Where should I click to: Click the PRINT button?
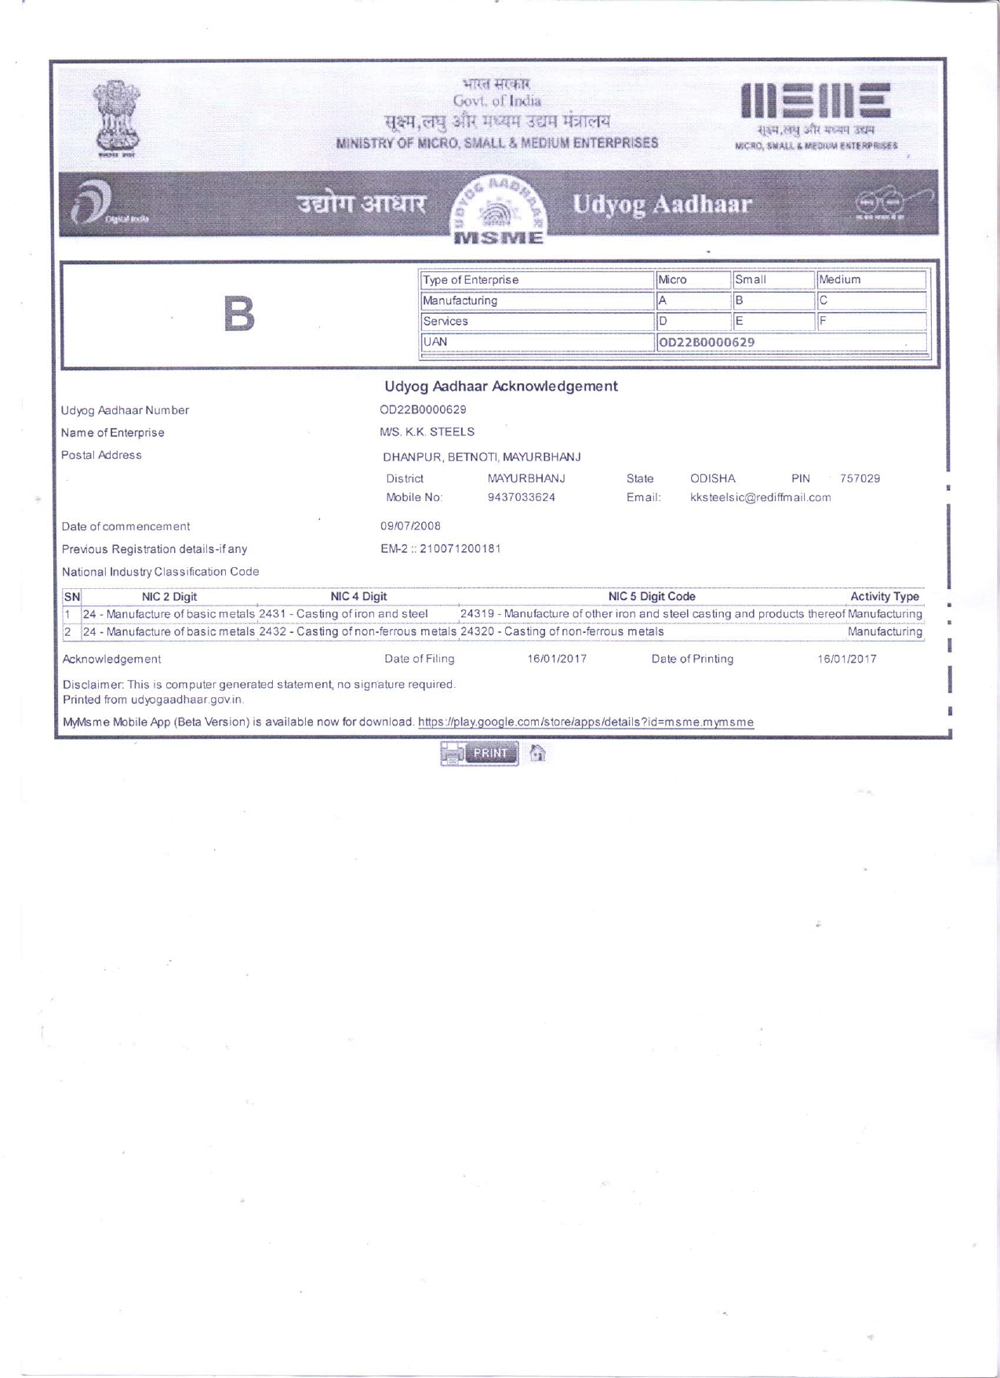pos(480,753)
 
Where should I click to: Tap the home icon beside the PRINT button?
pos(537,753)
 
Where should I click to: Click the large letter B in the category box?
pos(239,314)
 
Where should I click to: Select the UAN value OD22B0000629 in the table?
pos(707,342)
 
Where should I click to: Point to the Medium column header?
pos(839,280)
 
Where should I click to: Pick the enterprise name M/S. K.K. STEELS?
pos(427,432)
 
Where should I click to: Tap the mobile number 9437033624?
pos(521,497)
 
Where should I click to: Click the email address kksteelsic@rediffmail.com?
pos(760,497)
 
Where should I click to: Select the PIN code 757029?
pos(860,478)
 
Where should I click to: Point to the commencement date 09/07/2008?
pos(410,526)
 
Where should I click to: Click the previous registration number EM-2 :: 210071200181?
pos(440,549)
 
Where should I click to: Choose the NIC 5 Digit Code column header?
pos(651,597)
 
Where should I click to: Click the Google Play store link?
pos(585,722)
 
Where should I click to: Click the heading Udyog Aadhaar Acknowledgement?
pos(500,386)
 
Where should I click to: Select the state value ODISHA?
pos(712,478)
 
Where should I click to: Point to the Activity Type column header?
pos(884,597)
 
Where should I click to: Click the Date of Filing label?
pos(419,659)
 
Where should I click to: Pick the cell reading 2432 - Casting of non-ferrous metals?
pos(358,631)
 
